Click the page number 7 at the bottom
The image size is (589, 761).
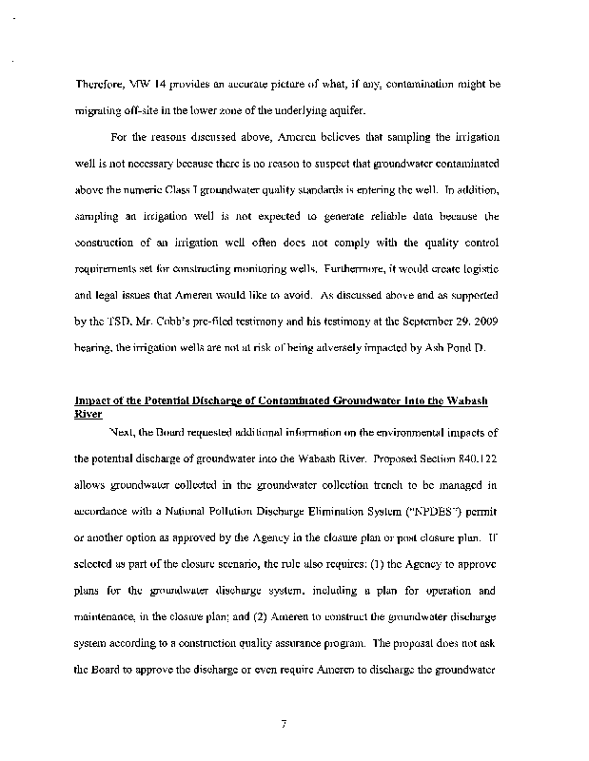285,727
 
